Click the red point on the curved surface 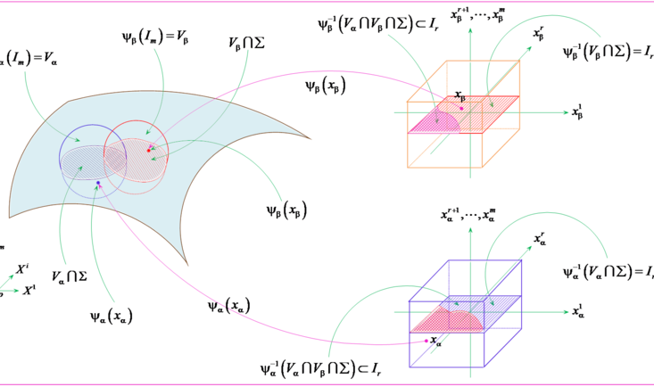149,151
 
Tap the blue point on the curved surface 98,183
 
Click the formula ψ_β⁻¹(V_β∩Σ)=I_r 607,51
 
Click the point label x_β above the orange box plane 459,94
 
